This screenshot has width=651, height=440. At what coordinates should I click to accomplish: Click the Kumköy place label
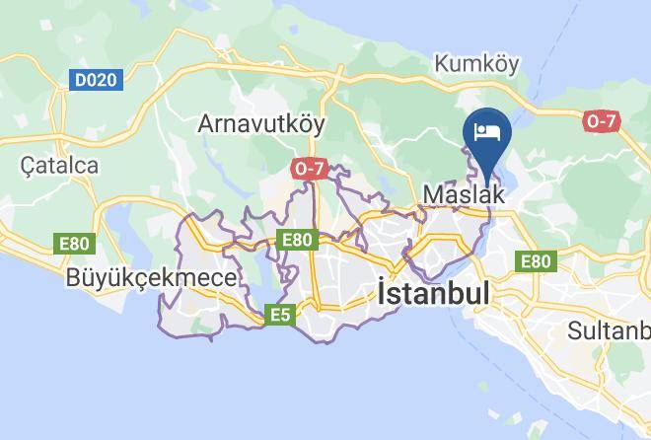click(x=476, y=65)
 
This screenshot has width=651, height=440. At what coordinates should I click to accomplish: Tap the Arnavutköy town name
click(x=261, y=123)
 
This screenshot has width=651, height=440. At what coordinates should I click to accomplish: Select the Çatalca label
click(x=60, y=165)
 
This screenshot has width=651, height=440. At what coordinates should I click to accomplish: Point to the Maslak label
click(x=463, y=195)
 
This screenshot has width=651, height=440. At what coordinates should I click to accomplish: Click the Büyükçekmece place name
click(x=151, y=278)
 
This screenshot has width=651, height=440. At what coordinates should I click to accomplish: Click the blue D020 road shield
click(x=96, y=80)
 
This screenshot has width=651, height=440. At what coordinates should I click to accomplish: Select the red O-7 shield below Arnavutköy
click(x=310, y=170)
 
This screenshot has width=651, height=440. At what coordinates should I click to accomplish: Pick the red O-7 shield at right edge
click(x=602, y=120)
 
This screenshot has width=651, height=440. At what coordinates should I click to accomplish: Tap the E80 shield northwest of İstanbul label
click(x=297, y=239)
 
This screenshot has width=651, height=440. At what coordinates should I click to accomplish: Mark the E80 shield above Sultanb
click(x=535, y=261)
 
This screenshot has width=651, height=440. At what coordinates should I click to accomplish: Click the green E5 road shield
click(x=280, y=316)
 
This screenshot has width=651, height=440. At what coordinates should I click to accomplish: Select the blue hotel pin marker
click(x=487, y=135)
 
